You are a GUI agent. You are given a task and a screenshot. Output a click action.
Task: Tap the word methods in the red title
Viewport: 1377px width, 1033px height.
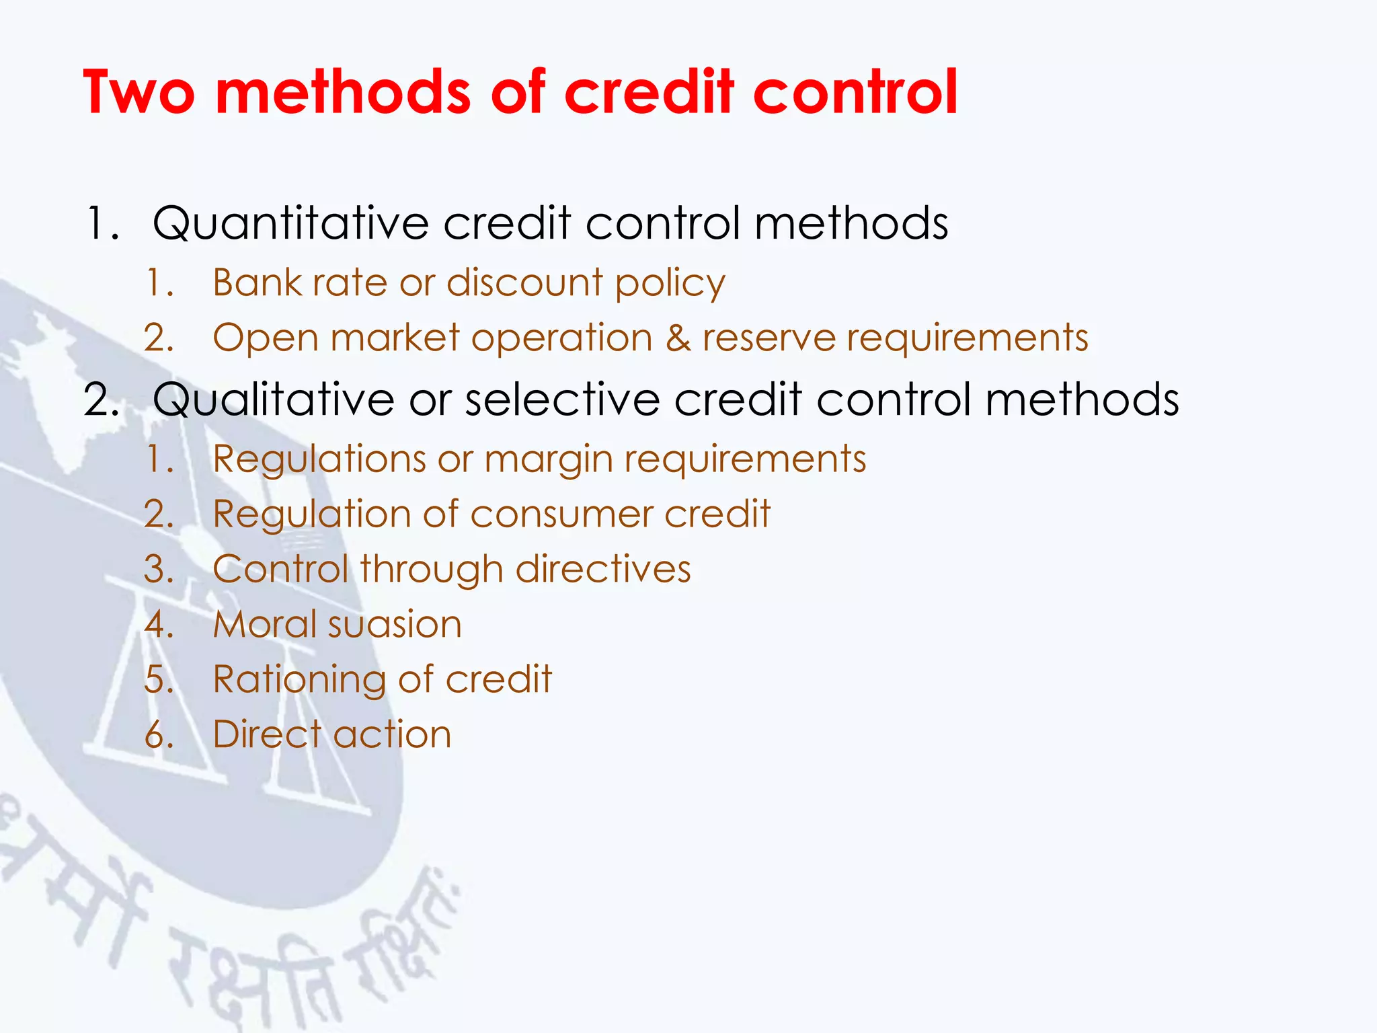[343, 92]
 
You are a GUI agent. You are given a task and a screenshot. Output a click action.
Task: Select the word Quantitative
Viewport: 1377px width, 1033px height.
[290, 223]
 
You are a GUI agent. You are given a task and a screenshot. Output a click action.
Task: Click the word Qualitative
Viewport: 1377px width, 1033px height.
[273, 399]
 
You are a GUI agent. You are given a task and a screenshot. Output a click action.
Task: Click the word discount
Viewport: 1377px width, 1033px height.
[524, 282]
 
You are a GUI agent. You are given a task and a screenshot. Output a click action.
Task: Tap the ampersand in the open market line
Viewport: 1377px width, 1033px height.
[678, 338]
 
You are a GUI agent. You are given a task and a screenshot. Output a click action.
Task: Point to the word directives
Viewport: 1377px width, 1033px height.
[603, 570]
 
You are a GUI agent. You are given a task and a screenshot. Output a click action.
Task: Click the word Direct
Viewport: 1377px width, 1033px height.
[266, 734]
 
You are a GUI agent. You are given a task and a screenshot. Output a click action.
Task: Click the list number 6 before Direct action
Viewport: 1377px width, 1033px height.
[159, 734]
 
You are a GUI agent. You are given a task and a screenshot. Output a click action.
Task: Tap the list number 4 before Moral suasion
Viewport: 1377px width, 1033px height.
[159, 625]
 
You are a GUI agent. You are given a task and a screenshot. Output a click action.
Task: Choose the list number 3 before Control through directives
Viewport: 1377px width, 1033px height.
[159, 570]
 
